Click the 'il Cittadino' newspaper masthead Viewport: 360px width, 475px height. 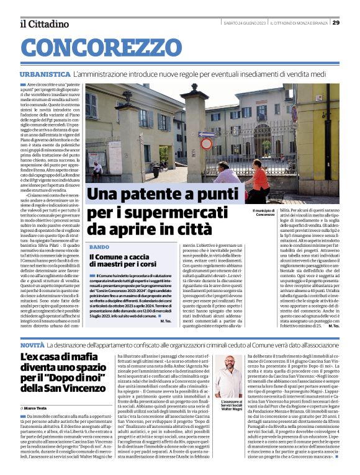click(44, 24)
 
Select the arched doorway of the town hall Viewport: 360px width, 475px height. click(164, 155)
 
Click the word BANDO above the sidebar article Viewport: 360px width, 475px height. click(99, 247)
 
